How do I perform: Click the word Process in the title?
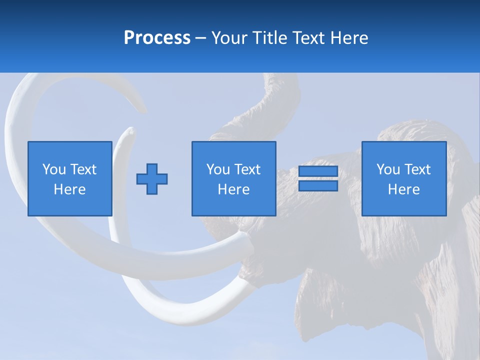(x=157, y=38)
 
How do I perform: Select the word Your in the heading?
(x=229, y=38)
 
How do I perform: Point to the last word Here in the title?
(x=349, y=38)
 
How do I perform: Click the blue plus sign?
(x=152, y=179)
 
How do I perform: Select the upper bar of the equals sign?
(x=318, y=171)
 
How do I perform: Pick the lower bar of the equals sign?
(x=318, y=186)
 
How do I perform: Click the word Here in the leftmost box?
(x=70, y=189)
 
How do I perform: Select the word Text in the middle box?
(x=247, y=170)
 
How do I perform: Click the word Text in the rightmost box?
(x=417, y=170)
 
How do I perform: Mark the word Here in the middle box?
(x=234, y=189)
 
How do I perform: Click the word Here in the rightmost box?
(x=404, y=189)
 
